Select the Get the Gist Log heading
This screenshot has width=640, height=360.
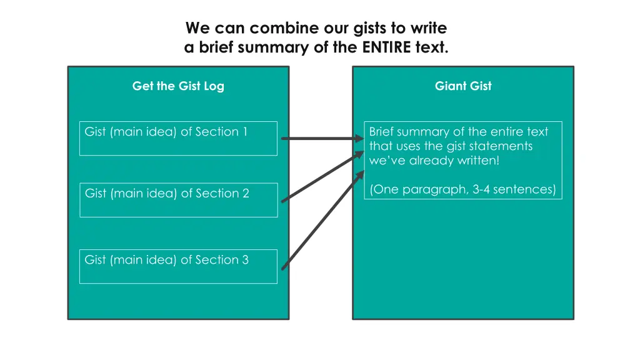click(178, 86)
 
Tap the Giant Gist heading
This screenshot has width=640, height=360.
click(463, 86)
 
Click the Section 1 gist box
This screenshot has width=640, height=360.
click(178, 138)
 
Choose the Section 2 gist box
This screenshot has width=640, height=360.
click(178, 200)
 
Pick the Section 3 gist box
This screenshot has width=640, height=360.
click(178, 266)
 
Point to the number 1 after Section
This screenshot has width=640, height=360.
click(244, 132)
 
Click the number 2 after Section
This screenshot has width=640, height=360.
click(245, 194)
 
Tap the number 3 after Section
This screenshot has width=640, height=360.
click(245, 260)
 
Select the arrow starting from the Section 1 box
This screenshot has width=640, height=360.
click(322, 139)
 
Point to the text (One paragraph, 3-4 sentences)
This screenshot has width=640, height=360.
click(462, 189)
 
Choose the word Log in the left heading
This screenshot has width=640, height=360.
click(214, 86)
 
